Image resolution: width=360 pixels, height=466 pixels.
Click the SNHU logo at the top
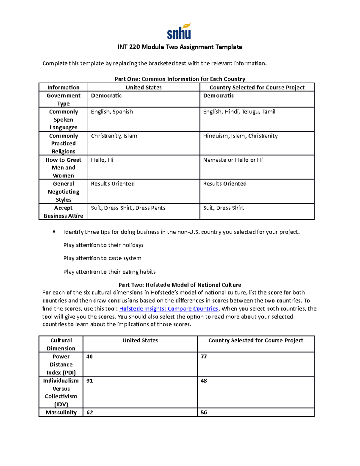179,32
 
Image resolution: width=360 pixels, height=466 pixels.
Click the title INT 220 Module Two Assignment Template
180,47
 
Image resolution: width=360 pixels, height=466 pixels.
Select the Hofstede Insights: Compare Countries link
169,309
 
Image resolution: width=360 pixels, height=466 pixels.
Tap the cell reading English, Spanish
112,112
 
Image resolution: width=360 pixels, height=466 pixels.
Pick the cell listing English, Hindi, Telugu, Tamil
239,112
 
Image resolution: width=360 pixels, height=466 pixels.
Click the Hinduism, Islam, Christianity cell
240,136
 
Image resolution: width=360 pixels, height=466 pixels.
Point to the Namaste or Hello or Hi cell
233,160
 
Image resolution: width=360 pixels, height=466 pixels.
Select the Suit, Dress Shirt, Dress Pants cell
128,208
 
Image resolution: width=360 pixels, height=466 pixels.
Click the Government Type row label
63,99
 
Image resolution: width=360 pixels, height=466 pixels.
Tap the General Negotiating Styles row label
63,191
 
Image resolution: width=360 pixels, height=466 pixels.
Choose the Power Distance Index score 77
204,356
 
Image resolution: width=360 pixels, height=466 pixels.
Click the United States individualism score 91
89,381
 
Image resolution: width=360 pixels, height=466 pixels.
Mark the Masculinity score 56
204,413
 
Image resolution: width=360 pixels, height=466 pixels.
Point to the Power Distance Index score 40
89,356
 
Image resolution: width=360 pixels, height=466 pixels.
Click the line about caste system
102,258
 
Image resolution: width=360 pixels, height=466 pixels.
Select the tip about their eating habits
109,272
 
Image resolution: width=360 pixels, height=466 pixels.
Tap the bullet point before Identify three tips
54,232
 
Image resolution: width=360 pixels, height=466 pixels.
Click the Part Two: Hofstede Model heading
180,285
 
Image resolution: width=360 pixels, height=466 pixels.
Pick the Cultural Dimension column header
61,344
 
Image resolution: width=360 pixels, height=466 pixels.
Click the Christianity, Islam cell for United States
114,136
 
